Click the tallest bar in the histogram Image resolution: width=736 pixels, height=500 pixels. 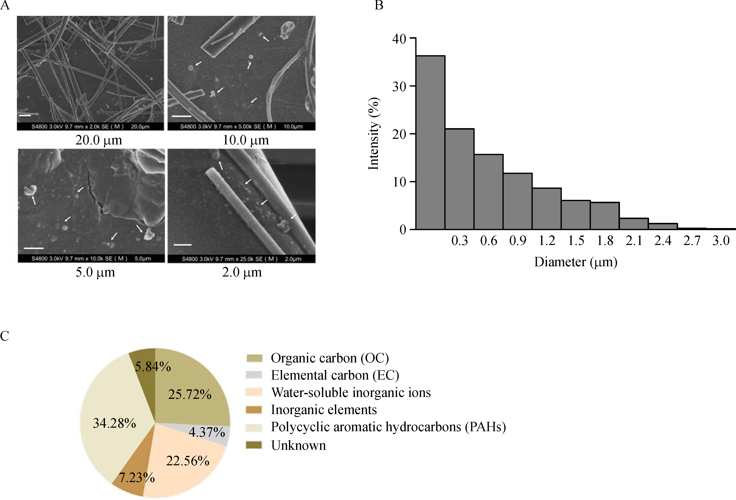430,143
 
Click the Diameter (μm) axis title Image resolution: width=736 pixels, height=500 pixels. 575,262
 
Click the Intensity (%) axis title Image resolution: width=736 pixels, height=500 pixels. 374,133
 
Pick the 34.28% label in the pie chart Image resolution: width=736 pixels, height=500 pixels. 114,423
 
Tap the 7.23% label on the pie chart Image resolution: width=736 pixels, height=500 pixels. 137,477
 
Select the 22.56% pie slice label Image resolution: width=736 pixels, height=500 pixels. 188,461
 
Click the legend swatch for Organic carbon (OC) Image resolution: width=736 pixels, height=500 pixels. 254,358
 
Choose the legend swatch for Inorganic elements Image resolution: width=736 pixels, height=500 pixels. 254,410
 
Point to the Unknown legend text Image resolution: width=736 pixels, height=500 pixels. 298,445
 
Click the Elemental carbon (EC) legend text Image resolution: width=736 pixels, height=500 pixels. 335,375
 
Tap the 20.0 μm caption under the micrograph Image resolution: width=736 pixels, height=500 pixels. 98,140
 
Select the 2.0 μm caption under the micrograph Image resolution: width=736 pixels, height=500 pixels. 242,272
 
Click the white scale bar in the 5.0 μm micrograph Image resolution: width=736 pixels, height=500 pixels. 34,248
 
